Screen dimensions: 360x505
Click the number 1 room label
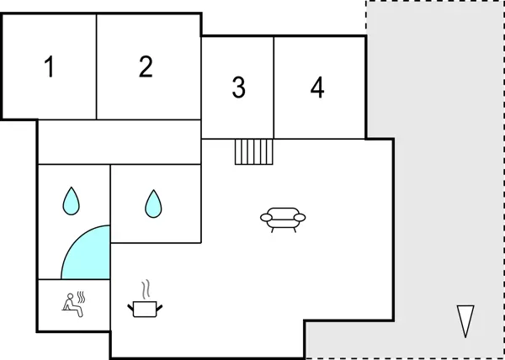tap(50, 66)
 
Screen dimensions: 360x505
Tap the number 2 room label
tap(146, 66)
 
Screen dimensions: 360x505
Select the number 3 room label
tap(239, 87)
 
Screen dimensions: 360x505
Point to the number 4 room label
tap(317, 87)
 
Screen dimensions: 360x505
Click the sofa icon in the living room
tap(283, 219)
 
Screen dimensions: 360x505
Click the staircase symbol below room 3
tap(254, 152)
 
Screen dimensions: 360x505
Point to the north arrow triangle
tap(465, 320)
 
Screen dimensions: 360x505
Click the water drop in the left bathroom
tap(72, 200)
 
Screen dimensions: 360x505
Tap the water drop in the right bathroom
tap(152, 203)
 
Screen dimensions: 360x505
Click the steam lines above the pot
tap(146, 289)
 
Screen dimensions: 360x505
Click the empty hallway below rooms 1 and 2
tap(118, 141)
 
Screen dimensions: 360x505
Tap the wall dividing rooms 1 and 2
tap(97, 66)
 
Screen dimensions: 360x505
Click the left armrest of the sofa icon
tap(265, 218)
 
